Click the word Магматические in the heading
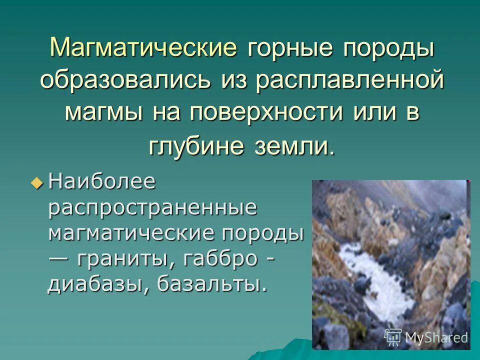click(143, 48)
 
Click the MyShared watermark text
click(436, 337)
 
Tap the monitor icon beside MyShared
click(393, 337)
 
